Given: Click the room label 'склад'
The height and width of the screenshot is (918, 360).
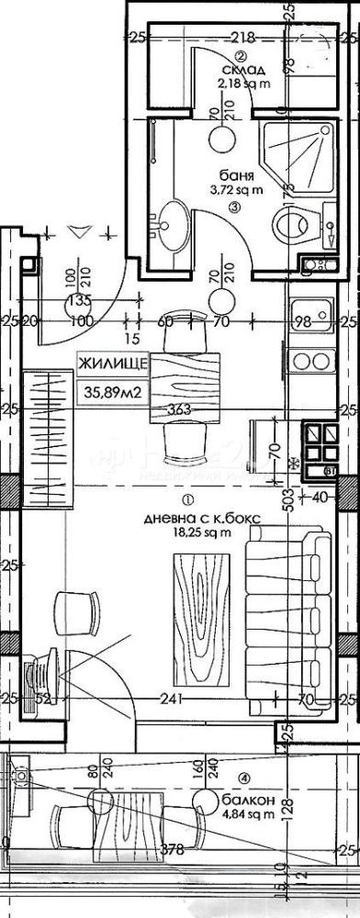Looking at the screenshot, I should pos(237,71).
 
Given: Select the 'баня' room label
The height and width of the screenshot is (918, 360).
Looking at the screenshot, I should pos(237,174).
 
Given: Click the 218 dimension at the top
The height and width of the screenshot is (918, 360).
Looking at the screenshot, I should pos(242,38).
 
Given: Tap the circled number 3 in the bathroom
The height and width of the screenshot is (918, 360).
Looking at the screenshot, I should pos(236,208).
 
